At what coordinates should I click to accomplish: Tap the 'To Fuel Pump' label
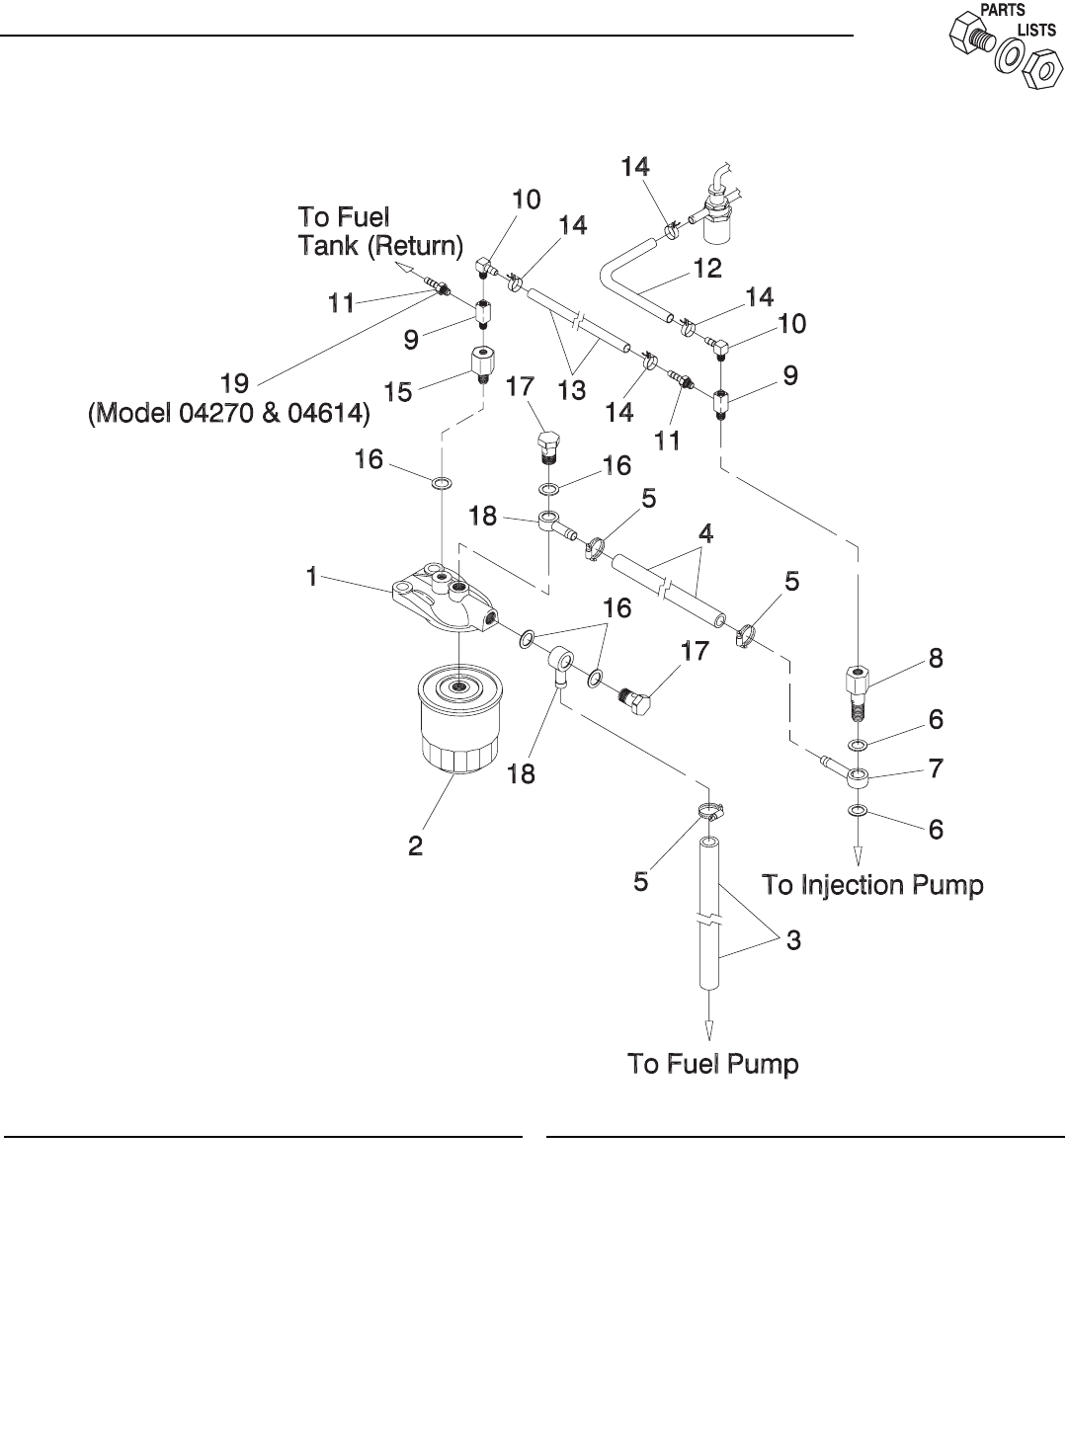click(712, 1064)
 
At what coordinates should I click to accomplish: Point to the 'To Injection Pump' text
click(872, 885)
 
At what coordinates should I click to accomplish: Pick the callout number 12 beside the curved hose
click(707, 269)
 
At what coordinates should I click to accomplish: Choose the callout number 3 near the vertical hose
click(793, 940)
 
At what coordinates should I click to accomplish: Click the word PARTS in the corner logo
click(1002, 10)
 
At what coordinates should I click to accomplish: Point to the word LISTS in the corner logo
click(1038, 31)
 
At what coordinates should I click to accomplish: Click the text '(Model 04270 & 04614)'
click(228, 417)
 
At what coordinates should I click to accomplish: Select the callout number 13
click(571, 390)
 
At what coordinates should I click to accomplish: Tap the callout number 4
click(705, 533)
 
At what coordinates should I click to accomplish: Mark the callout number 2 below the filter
click(416, 845)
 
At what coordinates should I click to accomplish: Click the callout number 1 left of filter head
click(312, 577)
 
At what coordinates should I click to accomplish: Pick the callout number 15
click(398, 392)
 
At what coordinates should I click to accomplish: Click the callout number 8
click(936, 658)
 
